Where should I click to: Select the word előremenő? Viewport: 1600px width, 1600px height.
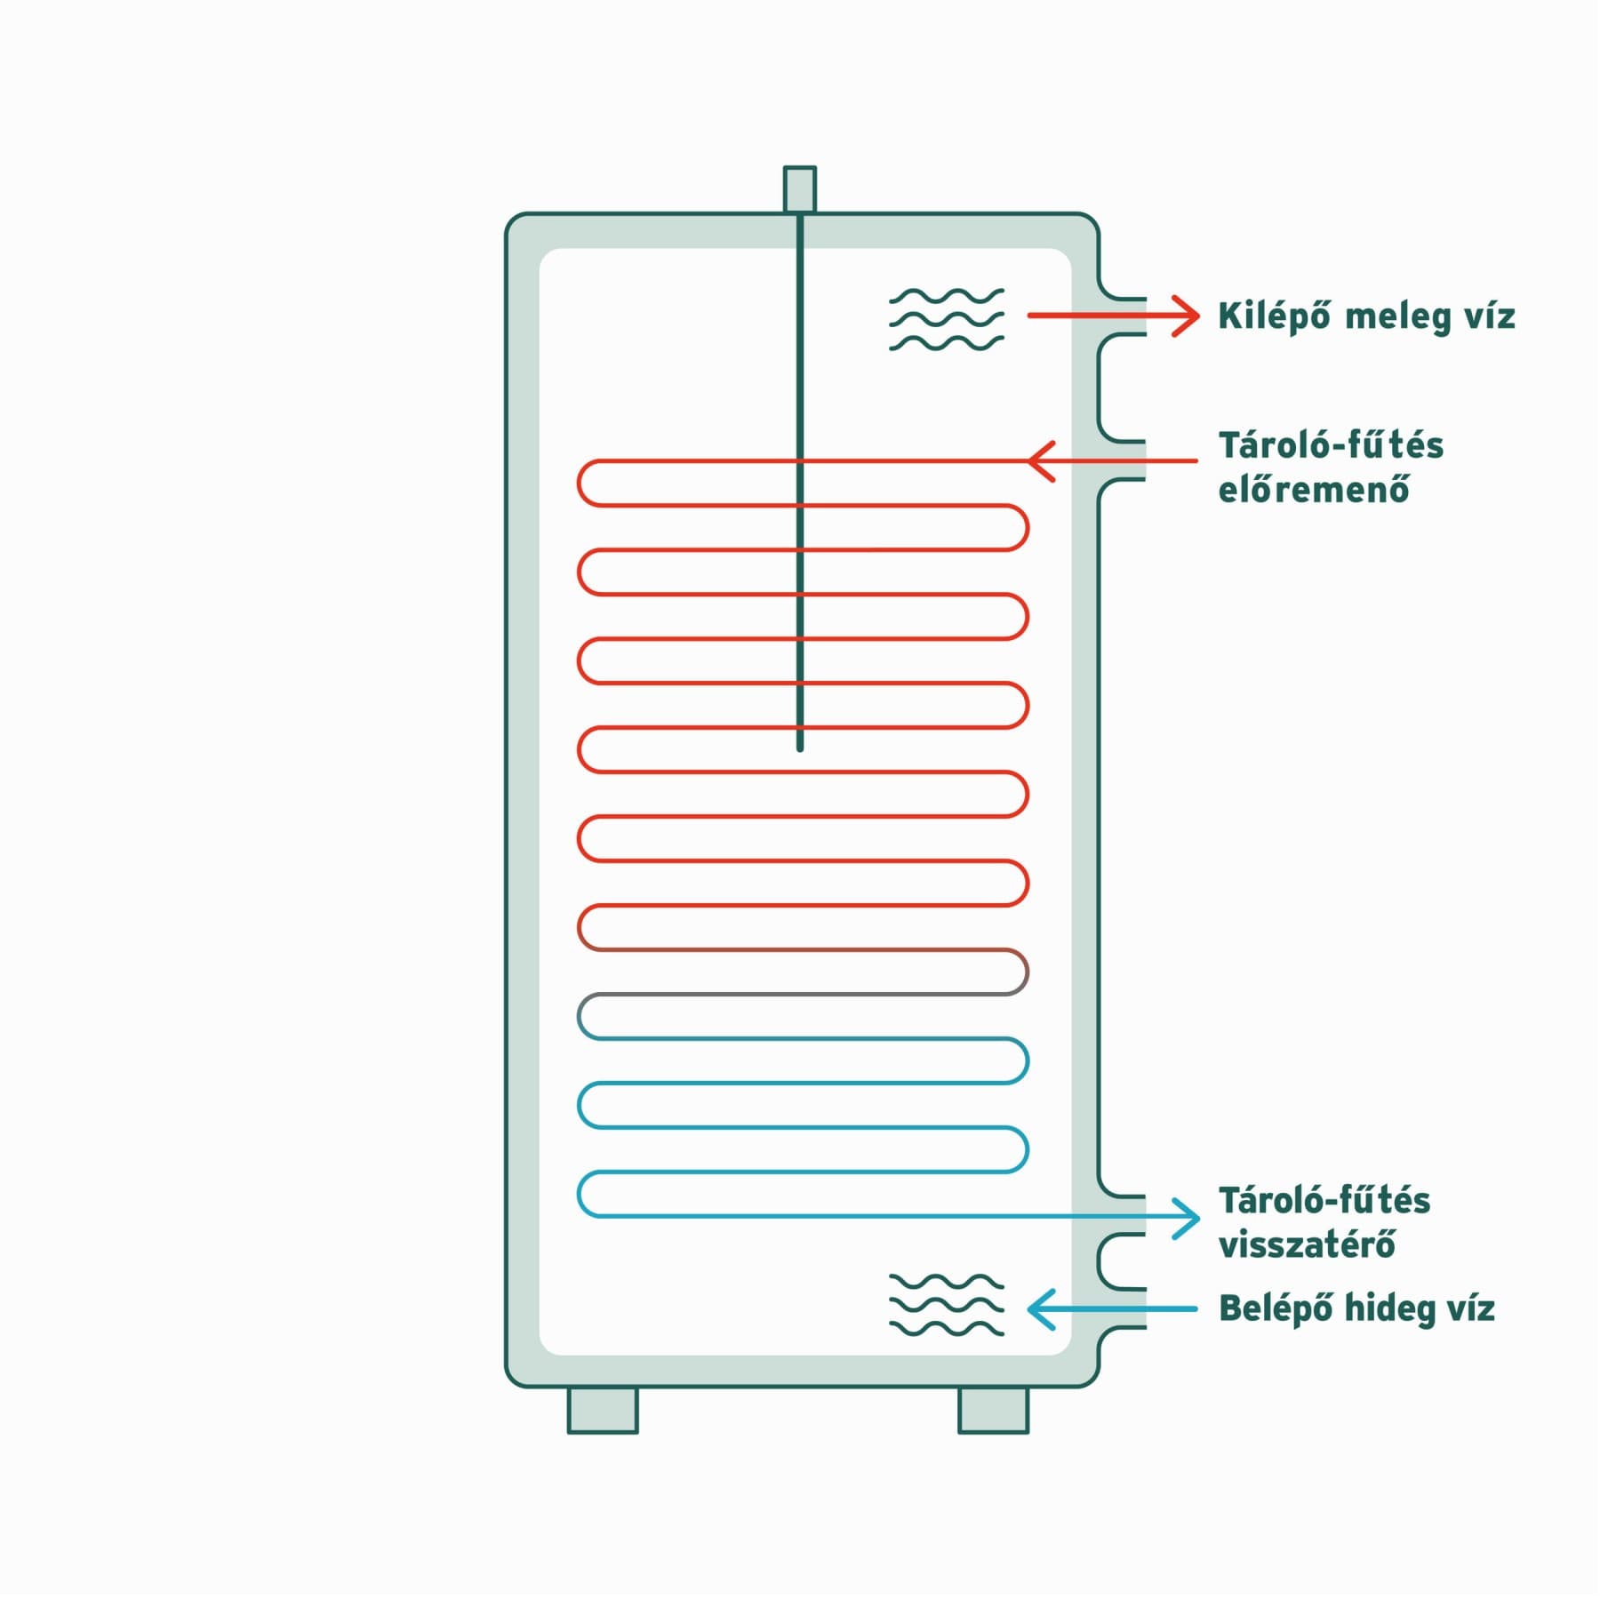[x=1314, y=489]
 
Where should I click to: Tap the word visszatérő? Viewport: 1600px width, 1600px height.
[x=1307, y=1244]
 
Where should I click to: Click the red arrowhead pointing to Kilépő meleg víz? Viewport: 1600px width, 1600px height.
[x=1186, y=316]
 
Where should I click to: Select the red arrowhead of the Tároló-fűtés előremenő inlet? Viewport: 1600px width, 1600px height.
[x=1041, y=461]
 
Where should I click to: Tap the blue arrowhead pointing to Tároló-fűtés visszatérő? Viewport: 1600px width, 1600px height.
[x=1186, y=1218]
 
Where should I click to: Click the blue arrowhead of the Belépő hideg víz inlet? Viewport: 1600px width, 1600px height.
[x=1041, y=1309]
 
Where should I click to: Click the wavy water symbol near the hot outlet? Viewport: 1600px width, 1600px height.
[x=947, y=319]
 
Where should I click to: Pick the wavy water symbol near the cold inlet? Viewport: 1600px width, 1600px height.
[x=947, y=1305]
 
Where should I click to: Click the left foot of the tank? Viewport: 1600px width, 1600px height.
[x=603, y=1410]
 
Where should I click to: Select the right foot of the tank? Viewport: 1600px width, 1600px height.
[x=993, y=1410]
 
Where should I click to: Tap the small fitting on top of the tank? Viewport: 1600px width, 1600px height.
[x=799, y=189]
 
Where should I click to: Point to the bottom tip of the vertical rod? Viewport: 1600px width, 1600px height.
[x=800, y=750]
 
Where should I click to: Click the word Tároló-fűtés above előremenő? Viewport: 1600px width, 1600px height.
[x=1331, y=445]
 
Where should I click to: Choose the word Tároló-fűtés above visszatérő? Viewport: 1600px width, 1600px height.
[x=1324, y=1200]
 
